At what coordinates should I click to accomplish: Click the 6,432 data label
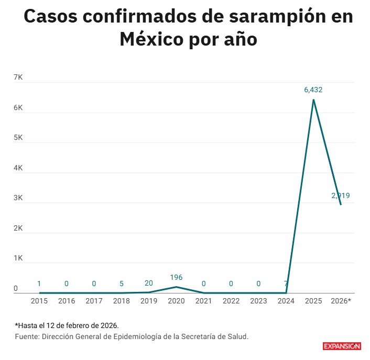(313, 90)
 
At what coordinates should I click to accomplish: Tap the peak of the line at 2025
(313, 100)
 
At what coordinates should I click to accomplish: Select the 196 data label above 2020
(176, 277)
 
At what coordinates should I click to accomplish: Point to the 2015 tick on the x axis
(39, 301)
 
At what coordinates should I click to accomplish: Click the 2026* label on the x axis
(342, 301)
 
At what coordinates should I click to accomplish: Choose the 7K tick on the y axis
(18, 78)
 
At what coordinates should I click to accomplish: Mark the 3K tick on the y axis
(18, 198)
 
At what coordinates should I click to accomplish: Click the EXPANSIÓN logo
(341, 346)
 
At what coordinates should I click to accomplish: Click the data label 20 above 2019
(149, 283)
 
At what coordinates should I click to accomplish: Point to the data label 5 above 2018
(122, 283)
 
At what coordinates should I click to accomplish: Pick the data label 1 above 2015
(39, 283)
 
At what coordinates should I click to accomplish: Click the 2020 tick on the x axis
(176, 301)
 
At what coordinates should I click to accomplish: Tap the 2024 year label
(286, 301)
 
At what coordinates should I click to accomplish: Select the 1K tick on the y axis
(18, 258)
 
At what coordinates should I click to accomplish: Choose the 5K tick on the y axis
(18, 138)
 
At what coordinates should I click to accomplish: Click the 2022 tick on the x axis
(231, 301)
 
